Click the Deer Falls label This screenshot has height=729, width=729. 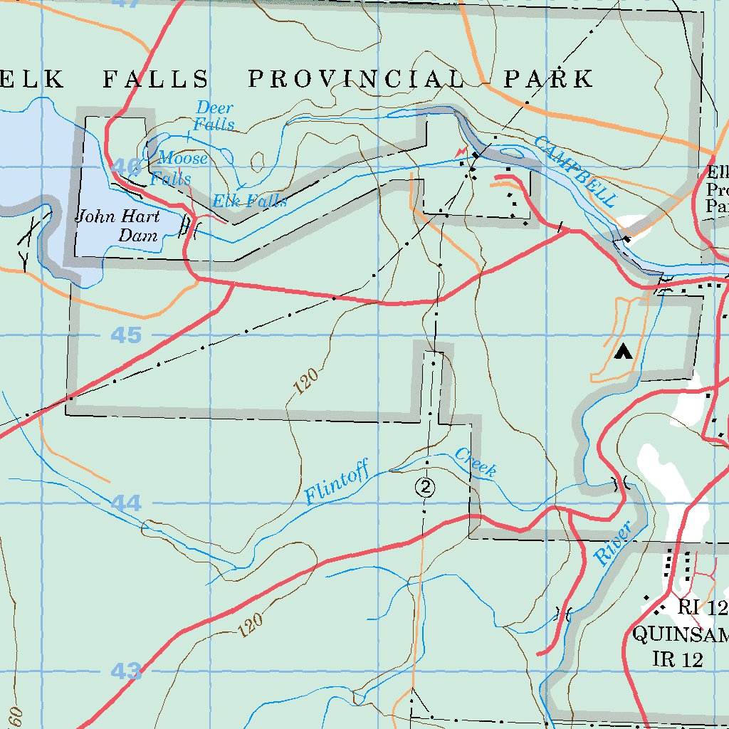[x=215, y=116]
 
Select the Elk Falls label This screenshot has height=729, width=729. [x=250, y=201]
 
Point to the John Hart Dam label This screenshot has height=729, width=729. [x=118, y=226]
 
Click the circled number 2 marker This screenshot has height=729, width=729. [x=425, y=487]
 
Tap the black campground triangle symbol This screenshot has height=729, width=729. [x=624, y=351]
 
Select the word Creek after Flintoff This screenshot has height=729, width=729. [x=476, y=462]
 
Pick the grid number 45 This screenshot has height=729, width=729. [x=126, y=335]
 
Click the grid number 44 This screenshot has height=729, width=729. [x=126, y=503]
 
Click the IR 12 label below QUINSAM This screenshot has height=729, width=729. [x=677, y=659]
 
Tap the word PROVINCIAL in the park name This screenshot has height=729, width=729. [x=356, y=79]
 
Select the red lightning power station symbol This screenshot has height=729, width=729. [x=462, y=152]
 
